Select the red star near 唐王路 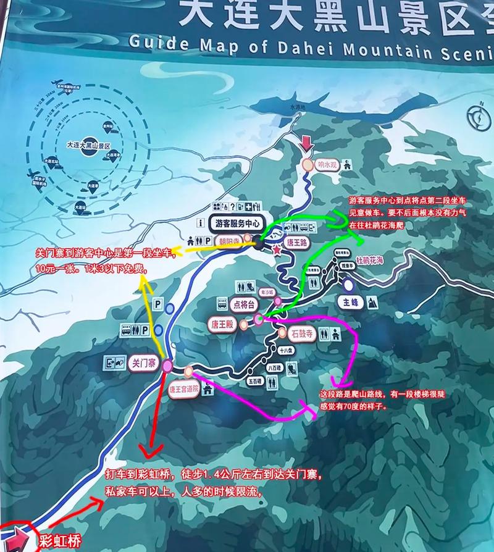[278, 251]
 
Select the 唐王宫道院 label [183, 390]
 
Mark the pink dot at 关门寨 [168, 366]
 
